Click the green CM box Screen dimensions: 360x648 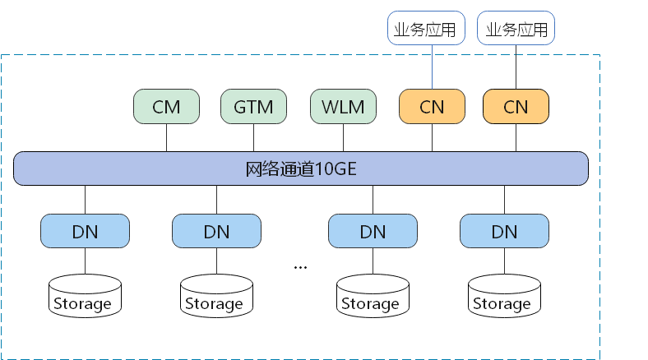tap(166, 107)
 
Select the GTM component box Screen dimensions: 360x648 tap(253, 107)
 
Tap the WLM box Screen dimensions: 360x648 tap(343, 107)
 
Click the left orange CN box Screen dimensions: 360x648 tap(432, 107)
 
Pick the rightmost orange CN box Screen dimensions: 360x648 tap(516, 107)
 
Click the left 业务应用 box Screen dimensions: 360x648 tap(425, 30)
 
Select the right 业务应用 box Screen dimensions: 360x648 tap(516, 30)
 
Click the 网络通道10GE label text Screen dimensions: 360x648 tap(300, 169)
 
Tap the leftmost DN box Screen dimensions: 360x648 tap(85, 231)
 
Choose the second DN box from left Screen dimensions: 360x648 tap(216, 231)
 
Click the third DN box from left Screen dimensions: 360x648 tap(373, 231)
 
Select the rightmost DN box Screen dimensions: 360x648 tap(504, 231)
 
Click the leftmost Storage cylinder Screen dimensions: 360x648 tap(85, 296)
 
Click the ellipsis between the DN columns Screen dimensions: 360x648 tap(300, 267)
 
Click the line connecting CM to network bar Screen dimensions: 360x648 tap(166, 138)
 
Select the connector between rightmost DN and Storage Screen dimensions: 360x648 tap(504, 261)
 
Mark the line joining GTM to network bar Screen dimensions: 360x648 tap(253, 138)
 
